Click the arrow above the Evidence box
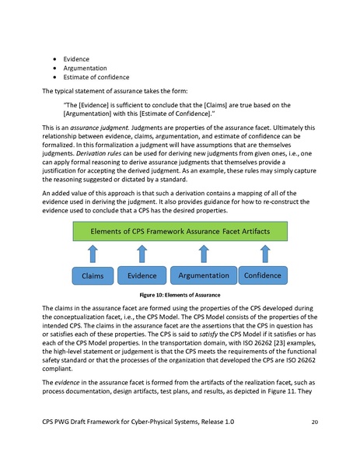141,254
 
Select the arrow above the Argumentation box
204,254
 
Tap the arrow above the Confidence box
265,254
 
